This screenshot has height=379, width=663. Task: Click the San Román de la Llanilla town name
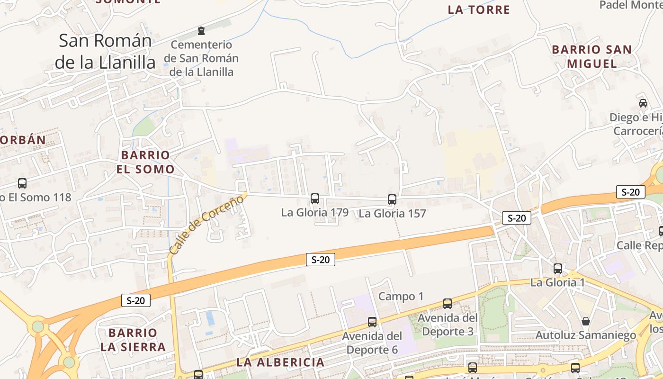point(105,51)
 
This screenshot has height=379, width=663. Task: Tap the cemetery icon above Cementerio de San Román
point(202,31)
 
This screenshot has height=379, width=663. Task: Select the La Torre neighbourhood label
point(479,9)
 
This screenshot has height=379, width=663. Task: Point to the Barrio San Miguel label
point(591,56)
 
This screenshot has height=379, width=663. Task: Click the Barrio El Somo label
point(145,162)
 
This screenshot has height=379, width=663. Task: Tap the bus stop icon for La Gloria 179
point(315,199)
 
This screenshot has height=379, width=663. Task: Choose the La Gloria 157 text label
point(392,214)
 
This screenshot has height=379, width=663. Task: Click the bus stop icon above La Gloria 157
point(392,199)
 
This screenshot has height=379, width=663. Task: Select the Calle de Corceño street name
point(206,224)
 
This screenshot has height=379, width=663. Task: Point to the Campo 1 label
point(401,297)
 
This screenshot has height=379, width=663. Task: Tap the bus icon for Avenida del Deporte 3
point(448,304)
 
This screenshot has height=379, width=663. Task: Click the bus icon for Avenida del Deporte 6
point(372,322)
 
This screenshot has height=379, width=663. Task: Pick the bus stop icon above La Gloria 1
point(558,269)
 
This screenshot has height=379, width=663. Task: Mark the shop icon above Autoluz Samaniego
point(586,321)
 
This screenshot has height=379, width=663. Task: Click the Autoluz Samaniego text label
point(585,335)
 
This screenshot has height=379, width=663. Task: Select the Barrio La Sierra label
point(133,340)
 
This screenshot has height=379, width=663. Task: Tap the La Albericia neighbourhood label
point(280,362)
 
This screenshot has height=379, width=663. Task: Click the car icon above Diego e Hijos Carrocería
point(643,103)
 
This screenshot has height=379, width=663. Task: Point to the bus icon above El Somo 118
point(22,183)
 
